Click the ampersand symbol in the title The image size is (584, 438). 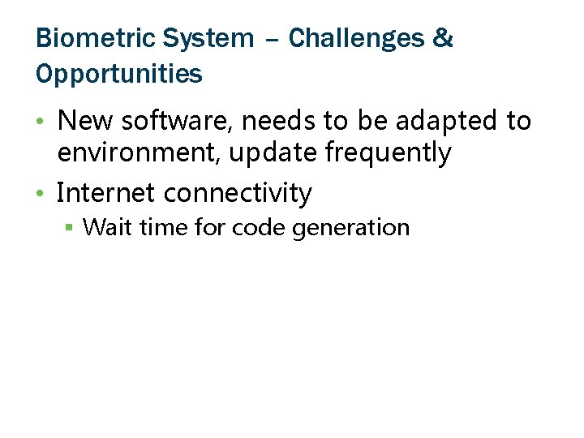(444, 38)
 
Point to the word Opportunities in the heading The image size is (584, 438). (119, 75)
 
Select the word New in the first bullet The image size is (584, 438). (84, 122)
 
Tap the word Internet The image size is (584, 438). (105, 193)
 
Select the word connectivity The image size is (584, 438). (238, 193)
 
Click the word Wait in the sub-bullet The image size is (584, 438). (108, 227)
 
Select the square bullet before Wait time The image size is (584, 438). (70, 229)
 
